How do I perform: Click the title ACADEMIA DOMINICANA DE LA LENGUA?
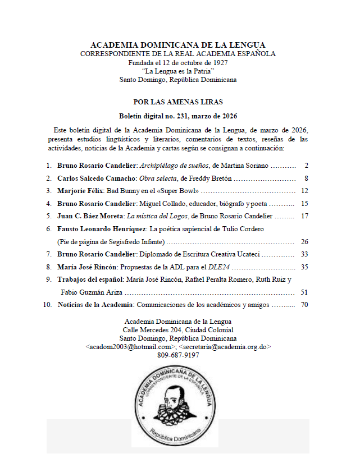pos(178,45)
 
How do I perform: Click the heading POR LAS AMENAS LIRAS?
pos(178,102)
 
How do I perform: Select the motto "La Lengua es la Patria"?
pos(178,71)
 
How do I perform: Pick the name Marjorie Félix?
pos(79,191)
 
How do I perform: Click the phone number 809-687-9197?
pos(178,355)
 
